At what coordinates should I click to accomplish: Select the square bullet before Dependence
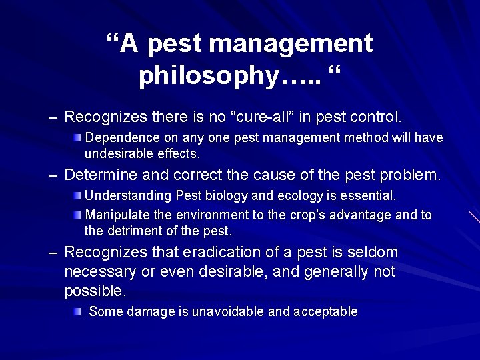(77, 138)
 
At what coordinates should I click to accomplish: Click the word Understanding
(129, 196)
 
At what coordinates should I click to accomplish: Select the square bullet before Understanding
(77, 196)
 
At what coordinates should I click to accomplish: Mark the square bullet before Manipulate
(77, 215)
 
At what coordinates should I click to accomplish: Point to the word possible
(95, 291)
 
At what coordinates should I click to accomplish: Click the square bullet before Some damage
(77, 311)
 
